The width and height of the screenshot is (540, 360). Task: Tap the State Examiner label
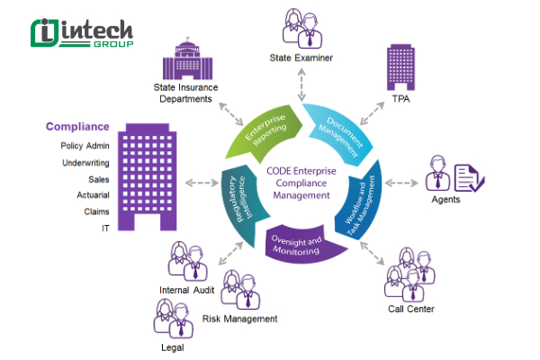pos(301,58)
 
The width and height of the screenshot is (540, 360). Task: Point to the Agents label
pos(445,200)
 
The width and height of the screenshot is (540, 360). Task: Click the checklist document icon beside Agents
pos(468,176)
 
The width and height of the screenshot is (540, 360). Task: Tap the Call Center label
pos(411,309)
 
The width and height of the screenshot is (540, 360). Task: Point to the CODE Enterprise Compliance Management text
pos(301,184)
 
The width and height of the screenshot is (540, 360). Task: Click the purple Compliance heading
pos(77,127)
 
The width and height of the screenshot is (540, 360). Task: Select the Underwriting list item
pos(85,163)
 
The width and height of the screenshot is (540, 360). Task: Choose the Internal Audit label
pos(187,290)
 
